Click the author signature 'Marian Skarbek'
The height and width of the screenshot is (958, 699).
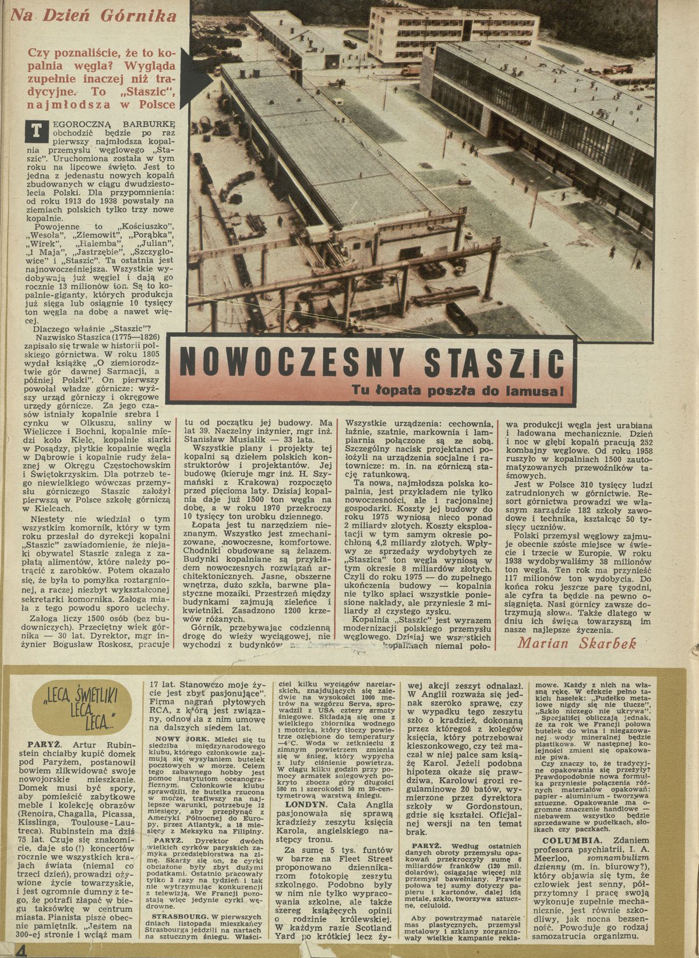tap(576, 642)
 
